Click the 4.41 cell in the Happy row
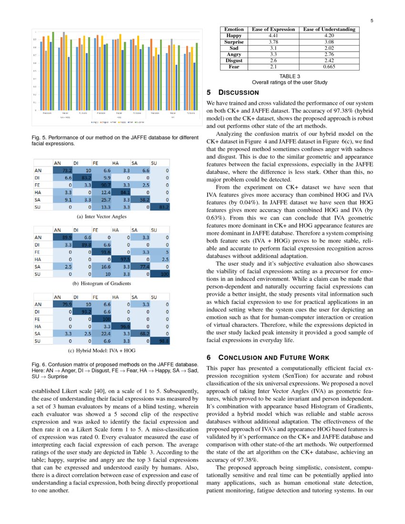[x=273, y=36]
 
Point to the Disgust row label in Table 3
[x=234, y=61]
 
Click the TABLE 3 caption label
[x=290, y=76]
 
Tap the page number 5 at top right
[x=371, y=20]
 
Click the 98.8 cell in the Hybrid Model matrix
[x=162, y=341]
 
